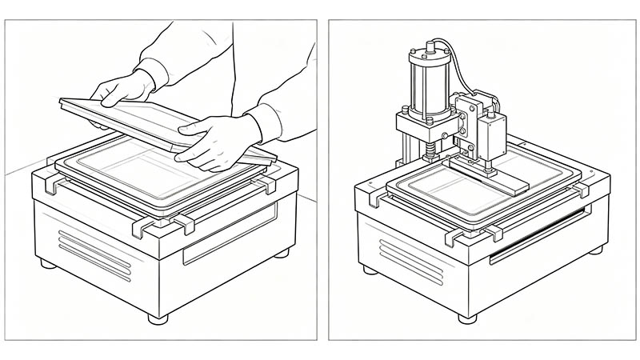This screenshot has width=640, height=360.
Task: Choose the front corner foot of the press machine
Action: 466,318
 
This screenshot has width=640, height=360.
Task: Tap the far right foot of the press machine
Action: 595,250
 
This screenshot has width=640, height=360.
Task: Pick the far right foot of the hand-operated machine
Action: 281,253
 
